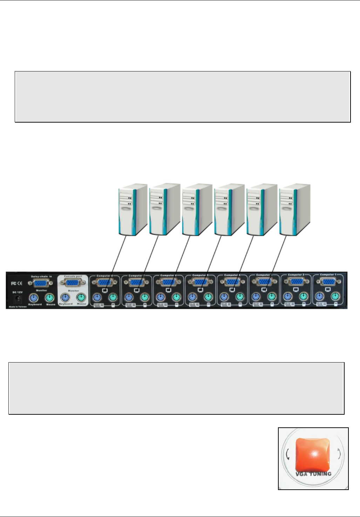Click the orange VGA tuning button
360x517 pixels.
click(x=313, y=454)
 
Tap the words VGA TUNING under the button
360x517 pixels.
click(x=313, y=474)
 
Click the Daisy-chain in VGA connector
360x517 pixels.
click(x=41, y=283)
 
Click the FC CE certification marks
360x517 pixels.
click(x=17, y=283)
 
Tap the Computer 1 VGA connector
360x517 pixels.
click(x=328, y=282)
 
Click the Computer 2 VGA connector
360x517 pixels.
click(x=296, y=282)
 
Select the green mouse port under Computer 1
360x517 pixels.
click(x=335, y=297)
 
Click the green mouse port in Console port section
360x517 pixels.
click(x=81, y=298)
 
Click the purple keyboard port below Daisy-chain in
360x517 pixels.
click(x=34, y=298)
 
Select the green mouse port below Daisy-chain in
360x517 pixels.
click(x=50, y=298)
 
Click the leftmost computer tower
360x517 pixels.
click(x=131, y=209)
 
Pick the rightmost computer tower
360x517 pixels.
click(x=294, y=209)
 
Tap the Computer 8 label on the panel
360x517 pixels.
click(x=104, y=276)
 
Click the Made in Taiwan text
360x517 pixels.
click(x=18, y=306)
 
